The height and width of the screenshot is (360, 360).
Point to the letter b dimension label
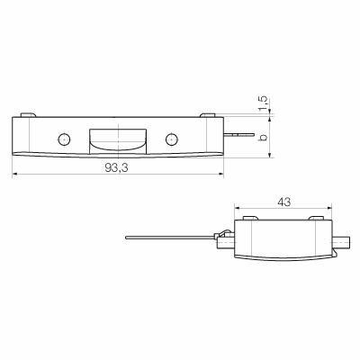click(263, 137)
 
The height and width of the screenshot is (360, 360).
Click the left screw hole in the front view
click(63, 139)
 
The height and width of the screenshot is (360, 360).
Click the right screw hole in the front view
click(171, 139)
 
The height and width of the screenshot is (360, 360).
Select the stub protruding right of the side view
click(343, 241)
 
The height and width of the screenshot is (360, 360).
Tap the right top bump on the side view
click(315, 218)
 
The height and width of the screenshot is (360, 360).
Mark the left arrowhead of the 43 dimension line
click(236, 211)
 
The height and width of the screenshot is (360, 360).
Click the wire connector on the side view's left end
click(225, 238)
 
